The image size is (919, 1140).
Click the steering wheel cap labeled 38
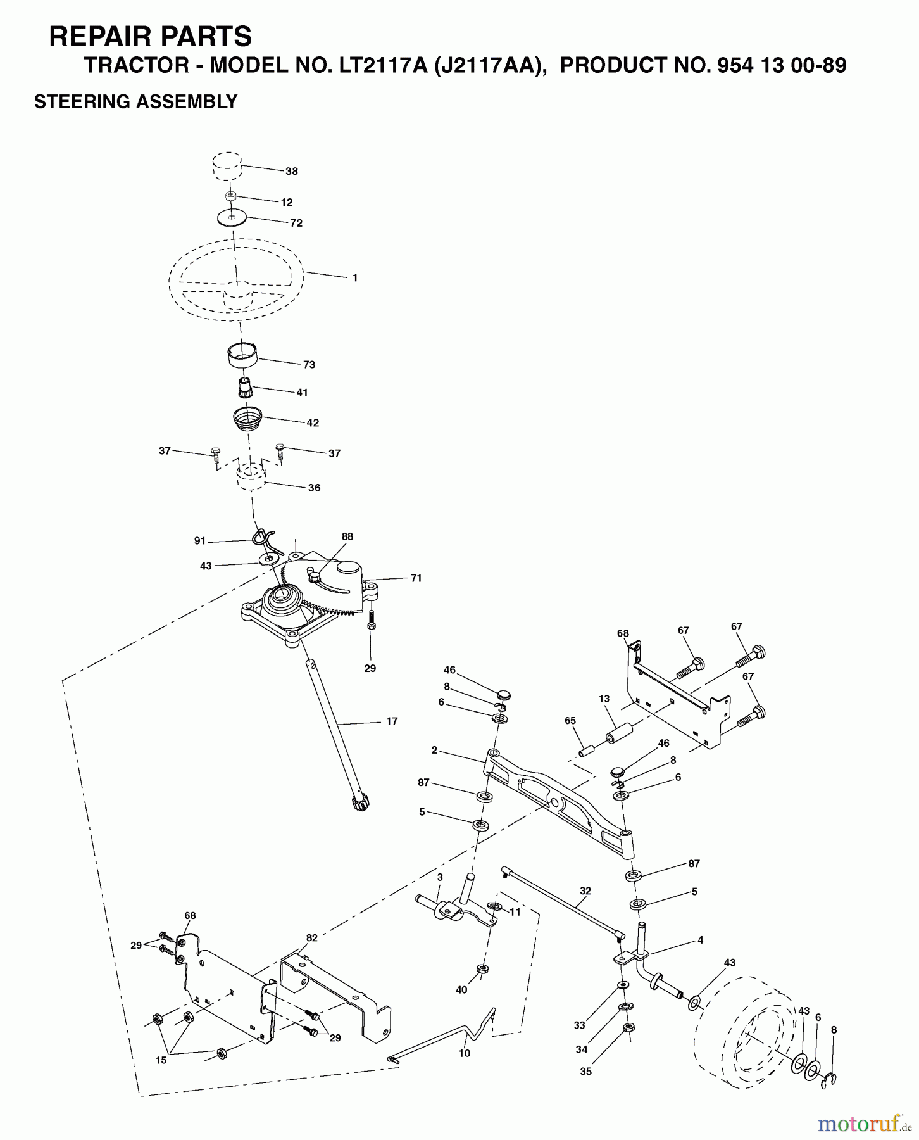pyautogui.click(x=226, y=166)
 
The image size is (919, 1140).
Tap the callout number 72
pyautogui.click(x=296, y=223)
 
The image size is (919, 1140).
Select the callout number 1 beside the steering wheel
pyautogui.click(x=355, y=277)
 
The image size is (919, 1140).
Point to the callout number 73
pyautogui.click(x=309, y=364)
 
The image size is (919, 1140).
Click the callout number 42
pyautogui.click(x=313, y=422)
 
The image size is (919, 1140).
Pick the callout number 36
pyautogui.click(x=314, y=488)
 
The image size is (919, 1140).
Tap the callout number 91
pyautogui.click(x=200, y=541)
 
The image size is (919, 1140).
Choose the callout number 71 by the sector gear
pyautogui.click(x=416, y=578)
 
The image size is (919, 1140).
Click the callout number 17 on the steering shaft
pyautogui.click(x=392, y=721)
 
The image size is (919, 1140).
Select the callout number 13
pyautogui.click(x=604, y=699)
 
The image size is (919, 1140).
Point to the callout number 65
pyautogui.click(x=570, y=721)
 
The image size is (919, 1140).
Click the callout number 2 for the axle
pyautogui.click(x=434, y=750)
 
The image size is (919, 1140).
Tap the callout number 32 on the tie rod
pyautogui.click(x=585, y=890)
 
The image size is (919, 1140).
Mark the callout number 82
pyautogui.click(x=311, y=938)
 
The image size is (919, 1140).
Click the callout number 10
pyautogui.click(x=465, y=1053)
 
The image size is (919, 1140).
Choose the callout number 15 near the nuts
pyautogui.click(x=161, y=1060)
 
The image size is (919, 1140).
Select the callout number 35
pyautogui.click(x=586, y=1072)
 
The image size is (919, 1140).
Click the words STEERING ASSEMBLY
pyautogui.click(x=136, y=101)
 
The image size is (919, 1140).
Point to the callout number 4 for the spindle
pyautogui.click(x=701, y=940)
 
